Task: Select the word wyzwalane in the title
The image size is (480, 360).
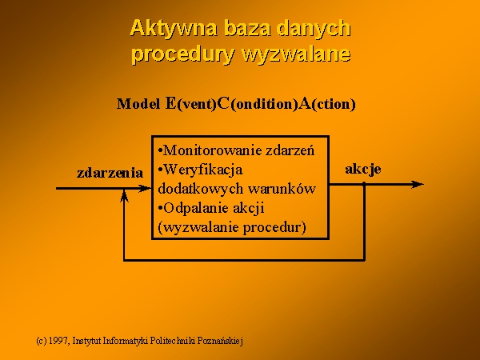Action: click(296, 55)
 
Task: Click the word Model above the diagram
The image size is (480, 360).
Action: click(138, 104)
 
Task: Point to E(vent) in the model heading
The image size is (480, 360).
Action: click(190, 104)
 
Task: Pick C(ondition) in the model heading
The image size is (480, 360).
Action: click(257, 104)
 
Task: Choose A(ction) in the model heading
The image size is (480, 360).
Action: click(327, 104)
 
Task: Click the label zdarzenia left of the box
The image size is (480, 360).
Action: click(110, 173)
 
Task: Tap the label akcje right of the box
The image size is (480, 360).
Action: click(363, 170)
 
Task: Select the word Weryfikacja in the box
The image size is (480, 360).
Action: click(203, 170)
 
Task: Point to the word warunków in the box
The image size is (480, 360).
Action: click(282, 189)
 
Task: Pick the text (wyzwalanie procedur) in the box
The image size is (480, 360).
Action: click(232, 227)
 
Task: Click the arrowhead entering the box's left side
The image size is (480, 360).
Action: click(145, 189)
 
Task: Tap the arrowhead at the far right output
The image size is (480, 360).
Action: click(418, 184)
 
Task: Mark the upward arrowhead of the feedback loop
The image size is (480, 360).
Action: click(124, 196)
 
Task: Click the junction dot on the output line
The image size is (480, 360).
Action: click(364, 184)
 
